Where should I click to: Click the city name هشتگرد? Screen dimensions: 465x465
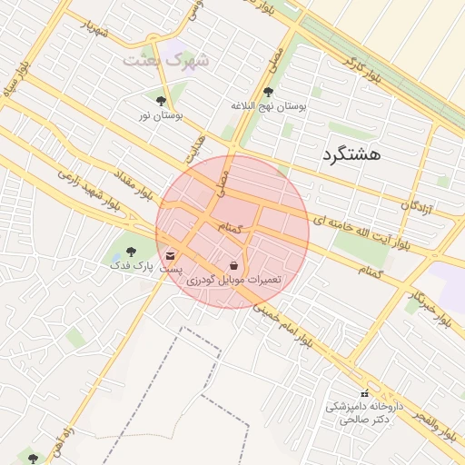(x=351, y=155)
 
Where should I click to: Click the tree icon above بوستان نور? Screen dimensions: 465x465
(x=162, y=101)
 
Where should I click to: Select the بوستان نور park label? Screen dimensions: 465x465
(x=161, y=115)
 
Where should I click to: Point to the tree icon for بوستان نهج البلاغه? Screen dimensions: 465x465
(x=267, y=92)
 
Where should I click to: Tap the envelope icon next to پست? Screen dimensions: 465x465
(x=172, y=256)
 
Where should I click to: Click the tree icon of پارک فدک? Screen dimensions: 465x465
(x=130, y=251)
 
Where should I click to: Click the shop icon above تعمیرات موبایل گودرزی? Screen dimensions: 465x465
(x=234, y=266)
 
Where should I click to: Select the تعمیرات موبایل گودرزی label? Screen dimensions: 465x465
(x=234, y=281)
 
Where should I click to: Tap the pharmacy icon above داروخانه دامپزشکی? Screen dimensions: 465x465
(x=364, y=392)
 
